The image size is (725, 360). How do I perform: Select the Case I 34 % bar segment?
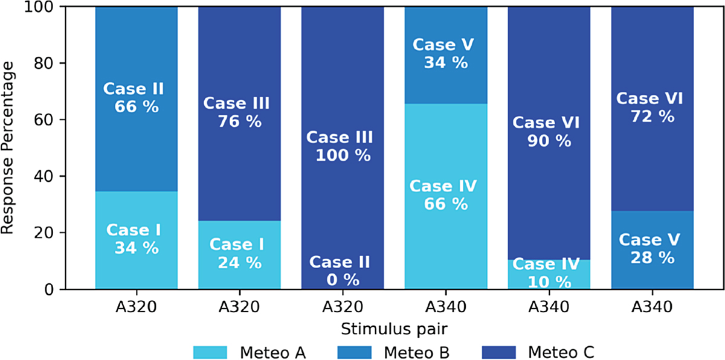click(x=136, y=240)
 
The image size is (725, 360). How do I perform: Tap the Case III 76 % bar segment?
click(x=239, y=113)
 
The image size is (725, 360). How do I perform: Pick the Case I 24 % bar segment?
click(x=239, y=254)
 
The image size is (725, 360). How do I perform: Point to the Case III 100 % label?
click(x=343, y=146)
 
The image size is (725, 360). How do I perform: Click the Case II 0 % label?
click(x=343, y=271)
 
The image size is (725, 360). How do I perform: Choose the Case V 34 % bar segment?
click(x=446, y=54)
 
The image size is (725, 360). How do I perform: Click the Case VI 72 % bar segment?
click(x=652, y=108)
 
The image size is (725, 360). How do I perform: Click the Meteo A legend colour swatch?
click(x=210, y=351)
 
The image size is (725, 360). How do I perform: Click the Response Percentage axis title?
click(x=8, y=147)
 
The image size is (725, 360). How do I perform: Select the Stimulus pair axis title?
click(x=394, y=329)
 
